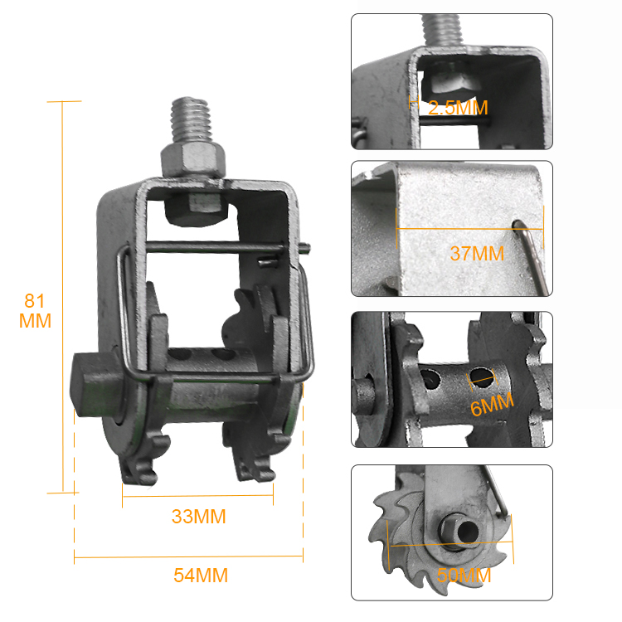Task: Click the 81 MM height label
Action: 35,311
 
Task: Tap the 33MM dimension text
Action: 199,517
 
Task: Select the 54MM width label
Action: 201,576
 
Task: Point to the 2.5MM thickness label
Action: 458,108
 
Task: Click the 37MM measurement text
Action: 477,254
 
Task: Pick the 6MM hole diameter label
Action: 492,404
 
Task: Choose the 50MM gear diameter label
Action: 464,576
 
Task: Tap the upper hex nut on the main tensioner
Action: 193,160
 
